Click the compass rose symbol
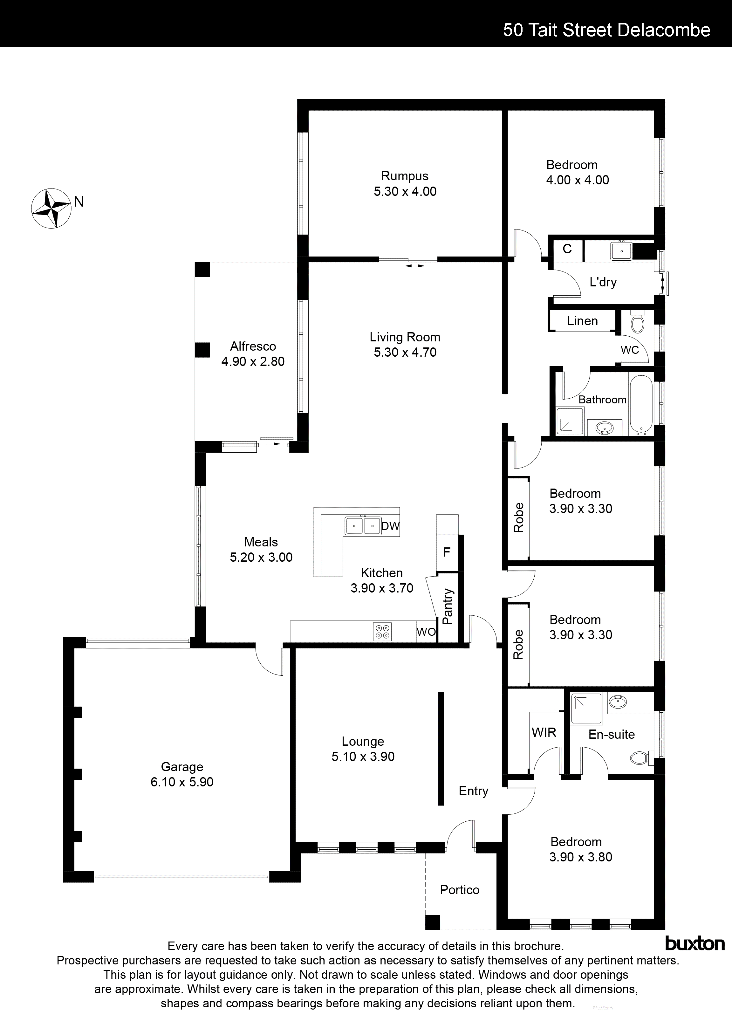[x=51, y=208]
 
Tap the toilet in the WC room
[x=637, y=323]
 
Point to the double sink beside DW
[x=363, y=525]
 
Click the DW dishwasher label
[x=390, y=526]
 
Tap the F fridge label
[x=446, y=552]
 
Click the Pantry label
[x=448, y=607]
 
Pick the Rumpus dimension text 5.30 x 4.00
[x=405, y=191]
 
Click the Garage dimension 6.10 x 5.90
[x=182, y=782]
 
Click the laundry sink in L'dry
[x=621, y=251]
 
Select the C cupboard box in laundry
[x=567, y=249]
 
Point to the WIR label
[x=544, y=732]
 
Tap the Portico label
[x=459, y=890]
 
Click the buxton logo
[x=695, y=943]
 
